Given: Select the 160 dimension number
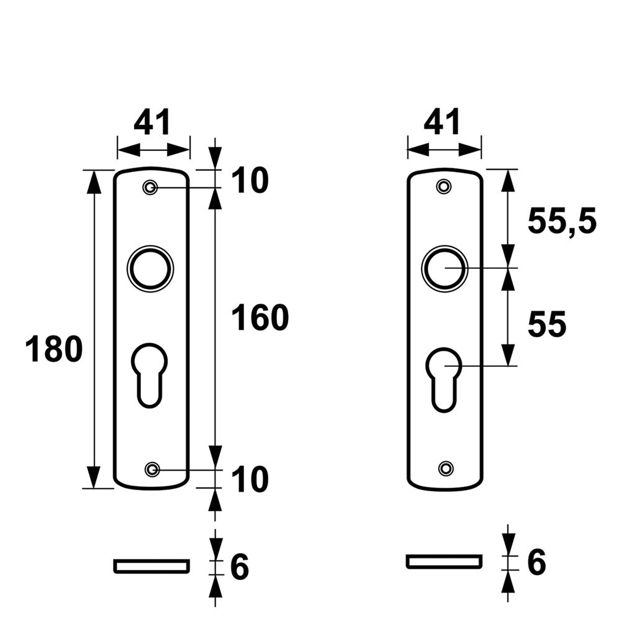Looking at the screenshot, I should coord(260,318).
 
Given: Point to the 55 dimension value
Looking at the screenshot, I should coord(547,324).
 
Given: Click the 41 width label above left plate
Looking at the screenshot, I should coord(152,122).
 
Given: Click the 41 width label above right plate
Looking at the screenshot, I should coord(443,122).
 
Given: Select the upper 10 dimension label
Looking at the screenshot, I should coord(250,181).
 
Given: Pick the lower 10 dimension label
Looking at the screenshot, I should coord(250,479).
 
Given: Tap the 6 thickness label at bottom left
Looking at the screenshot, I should coord(240,566).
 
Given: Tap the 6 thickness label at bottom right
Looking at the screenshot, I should coord(536,563).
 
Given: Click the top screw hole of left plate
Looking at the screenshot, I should coord(150,188).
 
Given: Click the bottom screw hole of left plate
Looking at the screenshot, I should coord(151,469).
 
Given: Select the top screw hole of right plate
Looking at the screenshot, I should coord(443,186).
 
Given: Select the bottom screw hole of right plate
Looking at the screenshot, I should coord(445,468).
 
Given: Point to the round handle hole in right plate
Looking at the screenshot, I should coord(445,268).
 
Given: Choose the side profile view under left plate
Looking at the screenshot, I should coord(151,565).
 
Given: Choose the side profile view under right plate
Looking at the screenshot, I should coord(444,561).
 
